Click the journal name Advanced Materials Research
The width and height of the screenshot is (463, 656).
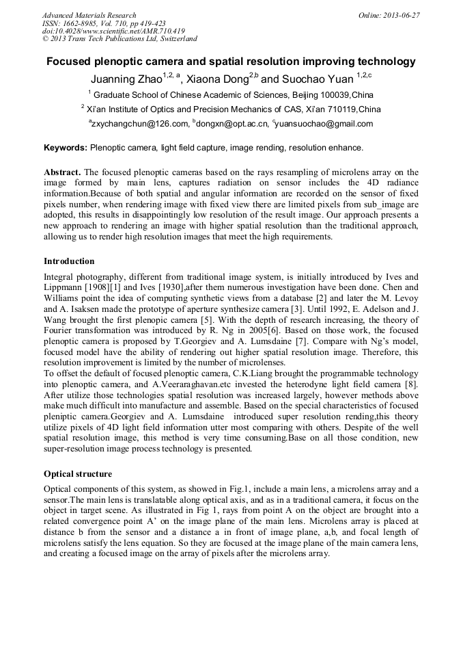click(89, 15)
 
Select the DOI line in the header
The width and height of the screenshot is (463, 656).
click(113, 31)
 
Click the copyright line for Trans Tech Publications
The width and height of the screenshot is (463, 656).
click(120, 39)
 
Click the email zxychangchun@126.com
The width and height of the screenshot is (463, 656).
click(139, 124)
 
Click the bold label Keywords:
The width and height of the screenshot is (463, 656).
click(66, 147)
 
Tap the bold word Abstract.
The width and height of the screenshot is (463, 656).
click(63, 172)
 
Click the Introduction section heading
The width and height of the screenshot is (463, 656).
click(69, 261)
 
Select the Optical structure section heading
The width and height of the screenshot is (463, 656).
click(78, 473)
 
